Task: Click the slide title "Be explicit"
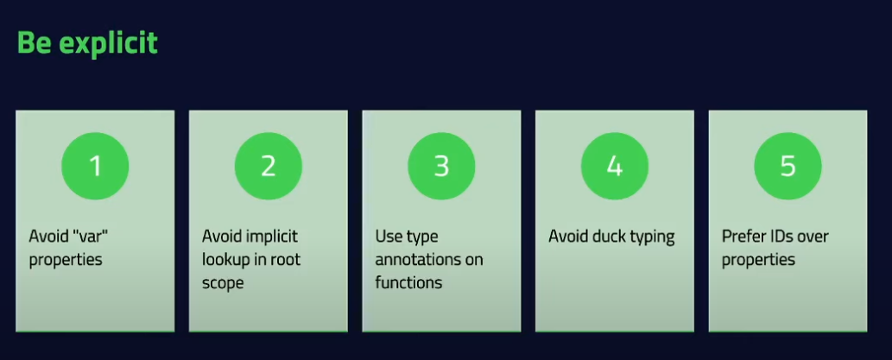coord(87,42)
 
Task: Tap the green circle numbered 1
coord(95,166)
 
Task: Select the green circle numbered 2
coord(268,166)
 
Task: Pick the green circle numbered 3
coord(441,166)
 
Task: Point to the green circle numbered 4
coord(614,166)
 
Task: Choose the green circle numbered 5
coord(788,166)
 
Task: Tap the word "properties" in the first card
coord(66,259)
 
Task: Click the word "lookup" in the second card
coord(227,259)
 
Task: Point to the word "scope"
coord(223,282)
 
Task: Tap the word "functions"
coord(408,282)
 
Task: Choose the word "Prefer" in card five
coord(744,236)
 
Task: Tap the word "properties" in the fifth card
coord(758,259)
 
